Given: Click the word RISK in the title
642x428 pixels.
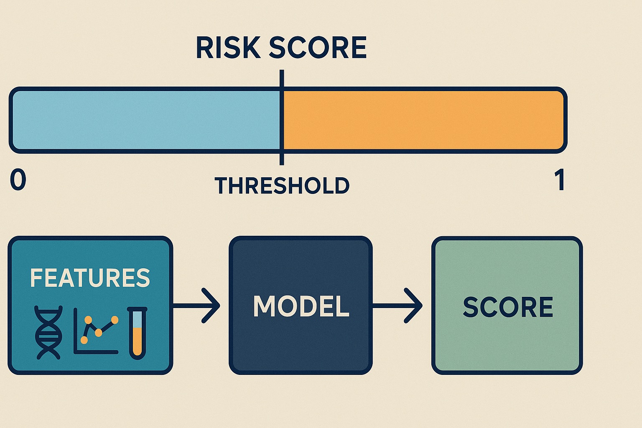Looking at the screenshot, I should [228, 48].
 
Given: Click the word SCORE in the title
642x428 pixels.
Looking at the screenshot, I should [318, 48].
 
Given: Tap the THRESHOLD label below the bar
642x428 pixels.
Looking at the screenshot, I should [282, 186].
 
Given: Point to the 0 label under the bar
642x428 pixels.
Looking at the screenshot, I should [18, 180].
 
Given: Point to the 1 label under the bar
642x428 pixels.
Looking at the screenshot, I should [560, 180].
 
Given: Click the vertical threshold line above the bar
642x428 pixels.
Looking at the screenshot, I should [282, 79].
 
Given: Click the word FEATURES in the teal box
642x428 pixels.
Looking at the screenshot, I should [90, 278].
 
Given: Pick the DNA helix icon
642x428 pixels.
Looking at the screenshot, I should [48, 333].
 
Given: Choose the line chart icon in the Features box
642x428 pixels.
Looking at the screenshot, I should [96, 331].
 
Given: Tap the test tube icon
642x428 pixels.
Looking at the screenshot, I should [138, 333].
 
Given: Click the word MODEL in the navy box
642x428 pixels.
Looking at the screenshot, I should [301, 306].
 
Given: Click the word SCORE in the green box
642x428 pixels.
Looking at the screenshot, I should [508, 307].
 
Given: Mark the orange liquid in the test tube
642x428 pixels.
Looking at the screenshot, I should [138, 341].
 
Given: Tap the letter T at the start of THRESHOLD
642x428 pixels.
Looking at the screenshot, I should [222, 186].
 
